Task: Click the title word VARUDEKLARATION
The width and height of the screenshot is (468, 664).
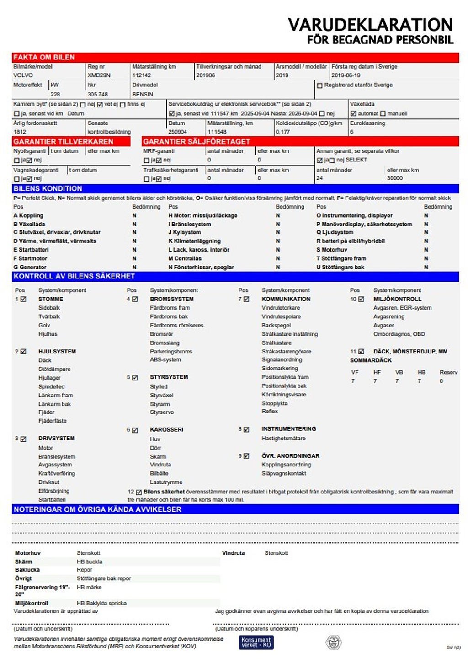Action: [x=370, y=25]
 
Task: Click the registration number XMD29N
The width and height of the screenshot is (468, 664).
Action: [x=99, y=75]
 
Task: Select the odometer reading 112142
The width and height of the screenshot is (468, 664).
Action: [x=142, y=75]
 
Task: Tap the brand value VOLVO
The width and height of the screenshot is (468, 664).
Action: [x=23, y=75]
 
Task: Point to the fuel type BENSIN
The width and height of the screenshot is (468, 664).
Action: [x=143, y=95]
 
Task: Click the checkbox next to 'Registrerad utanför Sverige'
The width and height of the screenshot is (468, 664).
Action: [x=319, y=86]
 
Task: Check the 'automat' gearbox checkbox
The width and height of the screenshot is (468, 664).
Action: [x=353, y=113]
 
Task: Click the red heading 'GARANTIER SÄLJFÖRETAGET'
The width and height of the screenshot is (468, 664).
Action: [x=197, y=142]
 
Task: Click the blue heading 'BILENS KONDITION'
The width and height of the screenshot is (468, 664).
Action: [x=48, y=188]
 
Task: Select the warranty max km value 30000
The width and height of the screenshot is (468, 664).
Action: [x=395, y=178]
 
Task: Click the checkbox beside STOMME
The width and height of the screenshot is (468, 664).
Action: [x=23, y=299]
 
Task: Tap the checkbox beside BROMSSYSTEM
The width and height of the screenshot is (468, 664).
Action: [x=135, y=300]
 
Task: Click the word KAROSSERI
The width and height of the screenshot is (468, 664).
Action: [x=167, y=430]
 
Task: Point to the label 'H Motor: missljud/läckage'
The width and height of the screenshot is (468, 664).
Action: [x=203, y=215]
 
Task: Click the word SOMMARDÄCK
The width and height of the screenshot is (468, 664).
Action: [x=371, y=360]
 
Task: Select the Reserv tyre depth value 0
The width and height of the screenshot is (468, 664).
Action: [x=441, y=381]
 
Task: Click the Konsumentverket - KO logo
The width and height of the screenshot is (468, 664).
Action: [x=256, y=643]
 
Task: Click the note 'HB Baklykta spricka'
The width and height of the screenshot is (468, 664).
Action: [x=101, y=603]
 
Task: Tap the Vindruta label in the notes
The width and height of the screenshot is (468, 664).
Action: [x=233, y=553]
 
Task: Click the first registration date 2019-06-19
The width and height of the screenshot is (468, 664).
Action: [x=346, y=75]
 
